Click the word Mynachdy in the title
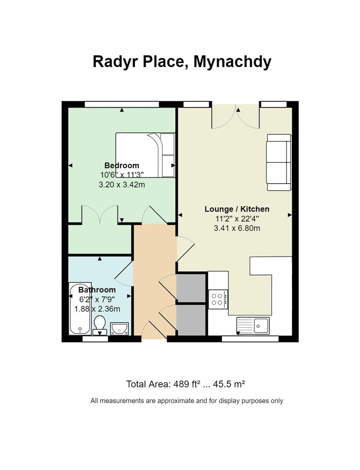click(x=232, y=61)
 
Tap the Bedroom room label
click(x=122, y=165)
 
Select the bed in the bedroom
click(x=145, y=155)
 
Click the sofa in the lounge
click(x=279, y=162)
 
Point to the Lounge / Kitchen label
click(x=237, y=209)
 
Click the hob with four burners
click(x=217, y=299)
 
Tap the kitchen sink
click(x=253, y=325)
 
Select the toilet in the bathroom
click(x=100, y=326)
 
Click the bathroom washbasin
click(x=119, y=328)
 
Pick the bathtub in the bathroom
click(x=80, y=309)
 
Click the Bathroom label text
click(x=97, y=290)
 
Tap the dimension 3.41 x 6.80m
click(x=237, y=228)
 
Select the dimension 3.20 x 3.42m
click(x=122, y=184)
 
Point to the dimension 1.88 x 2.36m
click(x=97, y=309)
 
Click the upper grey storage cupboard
click(x=191, y=288)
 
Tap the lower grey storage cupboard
click(x=191, y=319)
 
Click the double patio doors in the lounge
click(x=236, y=117)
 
